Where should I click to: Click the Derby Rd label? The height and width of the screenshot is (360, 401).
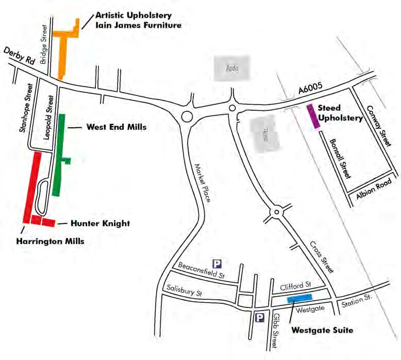click(x=20, y=55)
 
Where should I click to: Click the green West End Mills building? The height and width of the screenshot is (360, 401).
click(x=59, y=155)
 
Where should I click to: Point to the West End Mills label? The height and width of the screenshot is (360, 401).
click(x=116, y=127)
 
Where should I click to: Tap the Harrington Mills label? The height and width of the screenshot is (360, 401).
click(x=49, y=241)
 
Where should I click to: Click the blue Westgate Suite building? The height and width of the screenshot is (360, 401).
click(x=299, y=297)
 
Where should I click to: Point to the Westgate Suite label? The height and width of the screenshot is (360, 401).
click(x=322, y=330)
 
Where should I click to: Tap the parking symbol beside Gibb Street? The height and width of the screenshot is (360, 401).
click(x=260, y=317)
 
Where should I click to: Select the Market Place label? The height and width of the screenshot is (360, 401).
click(x=203, y=182)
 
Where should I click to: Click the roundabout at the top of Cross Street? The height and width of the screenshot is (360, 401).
click(x=277, y=211)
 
